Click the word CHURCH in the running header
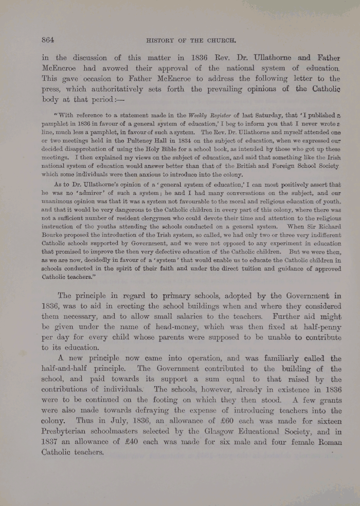click(x=220, y=40)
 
